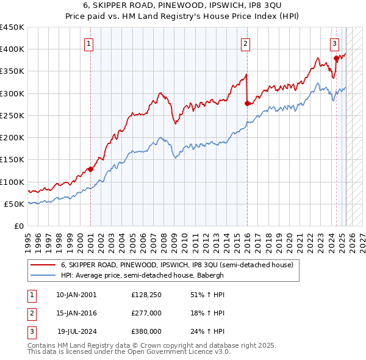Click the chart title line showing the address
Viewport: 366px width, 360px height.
183,5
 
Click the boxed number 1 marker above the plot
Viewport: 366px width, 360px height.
89,43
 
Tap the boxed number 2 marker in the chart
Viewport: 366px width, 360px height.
245,43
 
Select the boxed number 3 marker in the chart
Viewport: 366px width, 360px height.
335,43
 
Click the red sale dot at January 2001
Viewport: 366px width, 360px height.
90,169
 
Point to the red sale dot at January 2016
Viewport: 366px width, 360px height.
247,104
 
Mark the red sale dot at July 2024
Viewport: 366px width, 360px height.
336,59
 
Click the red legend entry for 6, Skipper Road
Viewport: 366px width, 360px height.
177,265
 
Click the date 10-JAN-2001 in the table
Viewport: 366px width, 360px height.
76,295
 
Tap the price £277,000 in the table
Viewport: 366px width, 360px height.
146,313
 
